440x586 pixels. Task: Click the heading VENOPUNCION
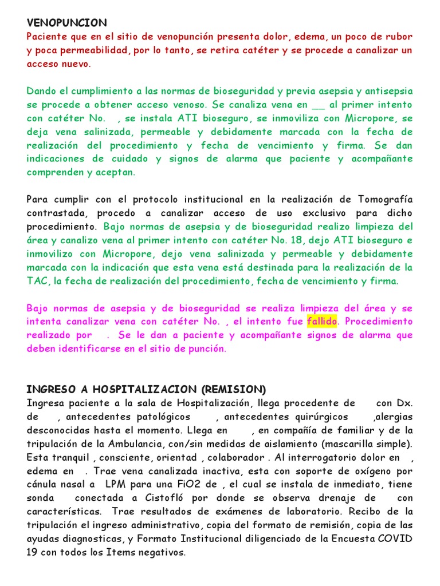point(66,23)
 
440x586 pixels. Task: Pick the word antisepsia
point(386,92)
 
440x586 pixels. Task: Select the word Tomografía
point(385,199)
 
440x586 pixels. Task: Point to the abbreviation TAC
point(36,282)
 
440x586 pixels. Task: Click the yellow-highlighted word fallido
point(323,322)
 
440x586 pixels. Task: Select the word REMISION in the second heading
point(234,390)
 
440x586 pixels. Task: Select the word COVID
point(393,539)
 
